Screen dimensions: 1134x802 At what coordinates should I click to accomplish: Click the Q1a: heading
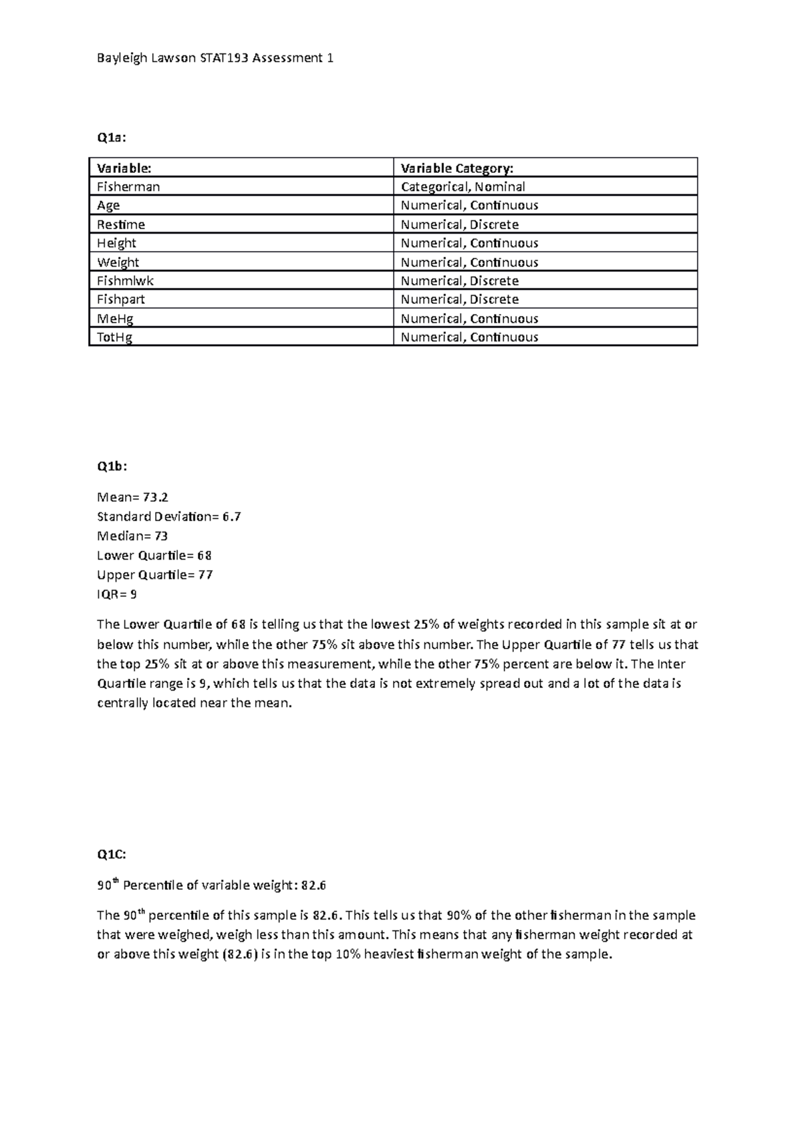point(111,138)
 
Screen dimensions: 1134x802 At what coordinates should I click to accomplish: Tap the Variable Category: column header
point(457,168)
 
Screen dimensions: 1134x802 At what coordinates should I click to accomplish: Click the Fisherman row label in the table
point(128,186)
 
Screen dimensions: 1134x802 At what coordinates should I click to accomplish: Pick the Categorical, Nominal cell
point(462,186)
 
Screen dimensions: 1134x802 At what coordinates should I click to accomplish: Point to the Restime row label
point(121,224)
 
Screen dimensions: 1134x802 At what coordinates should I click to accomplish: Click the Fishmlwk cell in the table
point(125,280)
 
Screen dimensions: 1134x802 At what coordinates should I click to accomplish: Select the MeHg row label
point(115,319)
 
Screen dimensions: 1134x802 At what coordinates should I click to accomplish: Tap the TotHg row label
point(115,337)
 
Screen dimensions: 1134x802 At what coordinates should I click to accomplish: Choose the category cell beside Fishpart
point(459,299)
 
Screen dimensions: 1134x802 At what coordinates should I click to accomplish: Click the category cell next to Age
point(469,205)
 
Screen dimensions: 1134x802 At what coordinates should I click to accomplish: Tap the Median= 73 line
point(132,536)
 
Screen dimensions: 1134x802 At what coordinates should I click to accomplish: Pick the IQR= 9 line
point(117,594)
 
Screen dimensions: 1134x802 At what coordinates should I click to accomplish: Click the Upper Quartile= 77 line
point(155,574)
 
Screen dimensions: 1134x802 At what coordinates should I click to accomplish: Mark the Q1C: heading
point(112,854)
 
